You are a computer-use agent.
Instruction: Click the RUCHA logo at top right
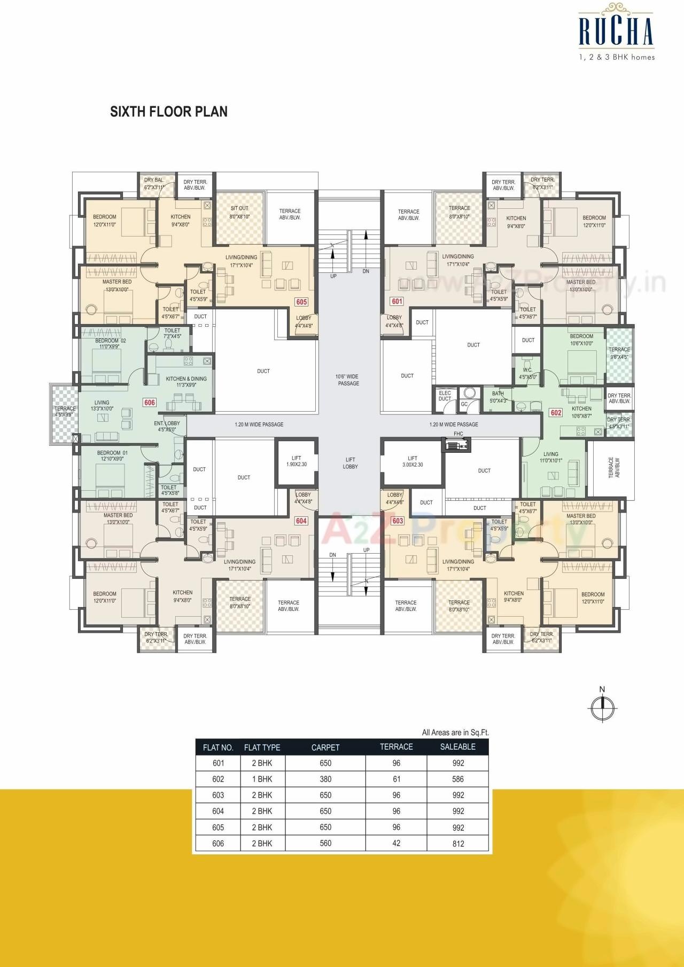click(x=616, y=32)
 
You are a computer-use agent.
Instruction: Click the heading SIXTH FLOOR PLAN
click(x=169, y=112)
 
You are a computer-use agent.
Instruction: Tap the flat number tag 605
click(x=301, y=302)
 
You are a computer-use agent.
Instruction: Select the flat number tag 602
click(x=556, y=413)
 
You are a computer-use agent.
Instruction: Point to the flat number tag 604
click(x=301, y=521)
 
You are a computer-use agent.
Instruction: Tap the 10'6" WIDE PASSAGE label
click(x=348, y=380)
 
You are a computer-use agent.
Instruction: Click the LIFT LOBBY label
click(x=350, y=463)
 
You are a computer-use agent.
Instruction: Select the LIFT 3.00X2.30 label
click(x=413, y=461)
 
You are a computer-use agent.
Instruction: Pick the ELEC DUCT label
click(x=445, y=396)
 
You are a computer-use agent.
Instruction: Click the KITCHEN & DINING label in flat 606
click(x=186, y=381)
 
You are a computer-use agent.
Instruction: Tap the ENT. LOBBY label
click(x=167, y=426)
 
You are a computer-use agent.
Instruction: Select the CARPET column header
click(x=325, y=747)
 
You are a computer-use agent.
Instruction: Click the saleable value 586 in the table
click(x=458, y=779)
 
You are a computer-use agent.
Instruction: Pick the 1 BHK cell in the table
click(x=262, y=779)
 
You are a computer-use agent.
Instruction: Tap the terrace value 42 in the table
click(x=396, y=843)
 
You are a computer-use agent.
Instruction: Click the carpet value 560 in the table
click(x=325, y=843)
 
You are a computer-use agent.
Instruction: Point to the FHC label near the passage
click(x=458, y=434)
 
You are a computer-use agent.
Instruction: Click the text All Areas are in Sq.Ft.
click(x=455, y=732)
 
